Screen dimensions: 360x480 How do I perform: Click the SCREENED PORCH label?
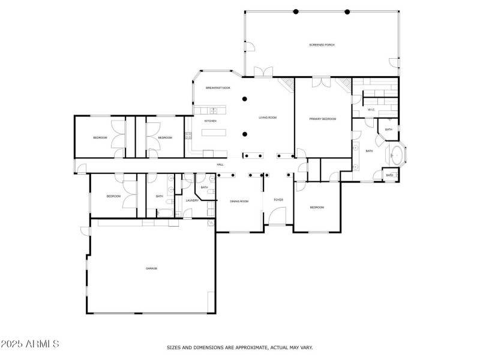click(322, 45)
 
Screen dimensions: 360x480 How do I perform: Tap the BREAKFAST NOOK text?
click(218, 88)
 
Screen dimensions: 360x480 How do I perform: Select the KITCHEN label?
click(210, 121)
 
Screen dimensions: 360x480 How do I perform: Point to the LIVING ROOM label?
click(268, 118)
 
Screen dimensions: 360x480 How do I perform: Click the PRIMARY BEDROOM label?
click(323, 119)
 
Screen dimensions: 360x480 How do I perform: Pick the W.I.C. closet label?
click(371, 110)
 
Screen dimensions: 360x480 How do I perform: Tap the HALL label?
click(220, 164)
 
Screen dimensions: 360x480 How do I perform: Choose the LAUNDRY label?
click(192, 200)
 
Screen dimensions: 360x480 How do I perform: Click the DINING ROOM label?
click(239, 201)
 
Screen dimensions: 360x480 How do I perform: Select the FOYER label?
click(278, 200)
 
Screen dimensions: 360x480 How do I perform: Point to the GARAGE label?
click(151, 268)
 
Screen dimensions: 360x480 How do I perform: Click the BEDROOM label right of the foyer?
click(317, 208)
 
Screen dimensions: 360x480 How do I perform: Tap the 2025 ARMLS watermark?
click(30, 344)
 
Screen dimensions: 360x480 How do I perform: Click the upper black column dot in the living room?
click(244, 99)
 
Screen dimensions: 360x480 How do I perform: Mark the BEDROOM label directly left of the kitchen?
click(165, 138)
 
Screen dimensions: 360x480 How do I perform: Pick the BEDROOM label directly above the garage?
click(114, 196)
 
